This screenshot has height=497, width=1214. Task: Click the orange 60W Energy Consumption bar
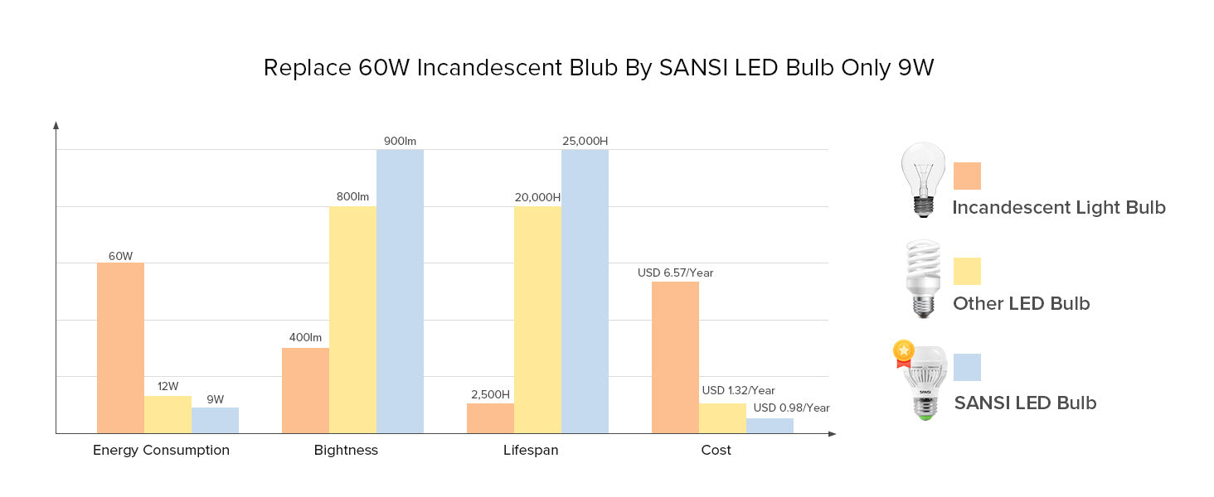[120, 348]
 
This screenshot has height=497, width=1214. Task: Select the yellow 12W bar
[168, 414]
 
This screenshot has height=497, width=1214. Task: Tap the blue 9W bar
[215, 420]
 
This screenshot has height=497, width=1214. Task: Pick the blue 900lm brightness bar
[400, 291]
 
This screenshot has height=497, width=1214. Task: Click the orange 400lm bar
[305, 390]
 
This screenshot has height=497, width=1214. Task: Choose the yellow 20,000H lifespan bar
[537, 320]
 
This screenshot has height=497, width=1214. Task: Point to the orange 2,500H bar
[490, 418]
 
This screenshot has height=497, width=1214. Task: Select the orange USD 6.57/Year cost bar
[675, 357]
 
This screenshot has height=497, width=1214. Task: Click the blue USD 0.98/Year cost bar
[770, 426]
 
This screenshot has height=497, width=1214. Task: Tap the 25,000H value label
[585, 141]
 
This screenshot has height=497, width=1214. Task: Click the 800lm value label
[352, 197]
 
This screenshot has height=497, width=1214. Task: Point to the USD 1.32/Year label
[738, 391]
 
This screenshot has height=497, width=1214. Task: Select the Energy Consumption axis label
[161, 451]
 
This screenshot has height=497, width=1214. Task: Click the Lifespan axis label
[531, 451]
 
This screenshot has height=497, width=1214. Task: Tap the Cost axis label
[716, 451]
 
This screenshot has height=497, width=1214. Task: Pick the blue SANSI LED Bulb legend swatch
[967, 367]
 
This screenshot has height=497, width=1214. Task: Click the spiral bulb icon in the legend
[922, 278]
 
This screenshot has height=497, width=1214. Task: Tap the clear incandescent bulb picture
[923, 178]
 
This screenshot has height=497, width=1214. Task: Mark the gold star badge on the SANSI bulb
[903, 353]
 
